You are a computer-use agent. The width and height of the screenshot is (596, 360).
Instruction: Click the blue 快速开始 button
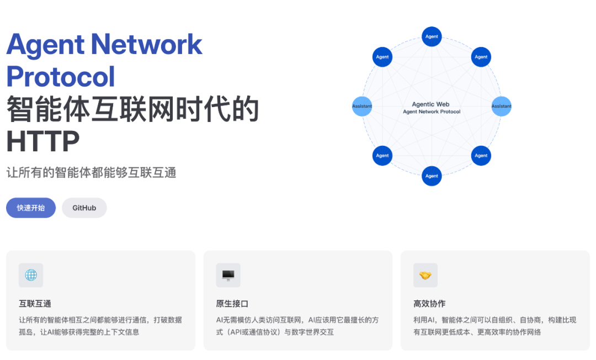31,208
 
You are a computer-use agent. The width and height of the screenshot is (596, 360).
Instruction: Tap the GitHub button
84,208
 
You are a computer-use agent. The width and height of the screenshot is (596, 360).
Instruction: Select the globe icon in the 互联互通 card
31,275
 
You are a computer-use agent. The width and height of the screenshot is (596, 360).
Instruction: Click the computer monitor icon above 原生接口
228,275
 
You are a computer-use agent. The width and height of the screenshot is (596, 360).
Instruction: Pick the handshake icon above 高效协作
425,275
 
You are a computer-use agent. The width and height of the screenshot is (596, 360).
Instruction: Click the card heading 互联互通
35,304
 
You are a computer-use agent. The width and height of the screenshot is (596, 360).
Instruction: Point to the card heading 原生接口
232,304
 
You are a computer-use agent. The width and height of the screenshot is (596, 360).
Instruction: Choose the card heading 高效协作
429,304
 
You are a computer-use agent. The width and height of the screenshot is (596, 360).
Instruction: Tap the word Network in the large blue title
147,44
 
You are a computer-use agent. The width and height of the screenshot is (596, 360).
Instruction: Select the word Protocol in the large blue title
61,77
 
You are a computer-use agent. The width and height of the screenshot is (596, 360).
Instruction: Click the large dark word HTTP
43,141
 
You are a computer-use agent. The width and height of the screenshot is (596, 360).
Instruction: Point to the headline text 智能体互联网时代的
132,109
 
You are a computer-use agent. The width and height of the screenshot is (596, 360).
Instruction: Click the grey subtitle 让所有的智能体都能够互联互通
91,172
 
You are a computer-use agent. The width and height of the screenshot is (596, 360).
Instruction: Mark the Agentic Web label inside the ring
431,104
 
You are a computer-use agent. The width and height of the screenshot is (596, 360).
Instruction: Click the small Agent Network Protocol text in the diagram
432,112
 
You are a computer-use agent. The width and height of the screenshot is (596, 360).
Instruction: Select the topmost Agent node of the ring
432,36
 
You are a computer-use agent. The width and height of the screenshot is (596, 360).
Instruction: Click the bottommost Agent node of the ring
432,176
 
